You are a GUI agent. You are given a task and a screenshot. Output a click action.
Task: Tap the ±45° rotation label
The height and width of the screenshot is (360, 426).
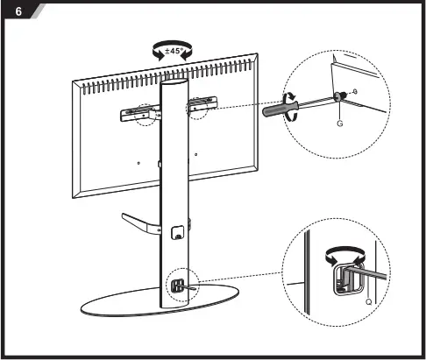click(x=173, y=52)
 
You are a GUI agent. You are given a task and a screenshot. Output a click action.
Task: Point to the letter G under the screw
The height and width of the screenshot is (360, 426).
click(x=339, y=124)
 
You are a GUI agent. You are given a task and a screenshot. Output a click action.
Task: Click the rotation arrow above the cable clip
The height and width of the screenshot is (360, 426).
click(x=337, y=254)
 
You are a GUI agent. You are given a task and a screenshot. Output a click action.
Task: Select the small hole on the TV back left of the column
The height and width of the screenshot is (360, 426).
click(x=139, y=161)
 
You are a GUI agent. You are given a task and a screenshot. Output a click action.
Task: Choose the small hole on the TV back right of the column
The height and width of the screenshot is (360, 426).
click(x=195, y=154)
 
